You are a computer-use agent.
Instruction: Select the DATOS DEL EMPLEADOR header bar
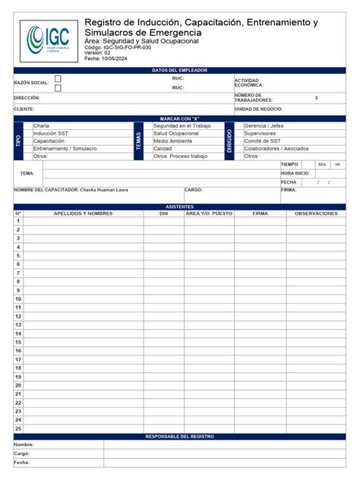(179, 70)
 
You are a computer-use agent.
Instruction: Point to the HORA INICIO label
(295, 173)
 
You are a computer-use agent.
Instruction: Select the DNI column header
(163, 213)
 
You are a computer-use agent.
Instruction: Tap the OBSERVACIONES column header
(316, 213)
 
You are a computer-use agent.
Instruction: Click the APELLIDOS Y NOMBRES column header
(83, 213)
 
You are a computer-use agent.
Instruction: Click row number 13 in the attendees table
(18, 325)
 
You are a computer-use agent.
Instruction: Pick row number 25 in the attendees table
(18, 428)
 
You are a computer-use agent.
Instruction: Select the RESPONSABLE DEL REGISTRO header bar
(179, 437)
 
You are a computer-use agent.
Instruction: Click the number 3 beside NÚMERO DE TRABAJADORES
(316, 98)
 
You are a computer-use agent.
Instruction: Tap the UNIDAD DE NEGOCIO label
(258, 109)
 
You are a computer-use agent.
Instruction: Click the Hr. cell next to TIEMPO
(338, 164)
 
